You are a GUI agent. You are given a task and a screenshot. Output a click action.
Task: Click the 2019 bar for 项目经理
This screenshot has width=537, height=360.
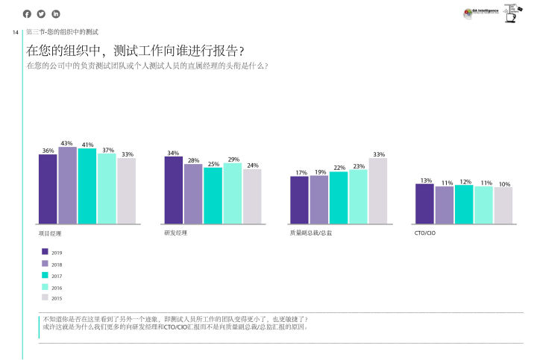click(x=48, y=189)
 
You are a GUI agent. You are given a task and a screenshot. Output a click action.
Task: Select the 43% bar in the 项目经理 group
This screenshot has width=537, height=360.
click(x=67, y=185)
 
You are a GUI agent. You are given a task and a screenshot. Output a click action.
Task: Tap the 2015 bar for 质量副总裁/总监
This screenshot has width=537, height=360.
click(x=378, y=190)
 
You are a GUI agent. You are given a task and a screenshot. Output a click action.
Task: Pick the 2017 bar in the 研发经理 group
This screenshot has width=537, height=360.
click(x=213, y=195)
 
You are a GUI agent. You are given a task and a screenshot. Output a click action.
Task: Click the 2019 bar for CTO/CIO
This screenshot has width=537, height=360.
click(x=424, y=203)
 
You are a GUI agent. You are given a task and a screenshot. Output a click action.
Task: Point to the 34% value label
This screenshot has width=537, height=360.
click(x=173, y=153)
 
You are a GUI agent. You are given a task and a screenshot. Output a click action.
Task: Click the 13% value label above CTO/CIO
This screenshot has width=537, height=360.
click(x=426, y=180)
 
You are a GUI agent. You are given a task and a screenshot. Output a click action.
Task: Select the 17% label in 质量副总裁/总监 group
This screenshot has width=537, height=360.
click(x=301, y=173)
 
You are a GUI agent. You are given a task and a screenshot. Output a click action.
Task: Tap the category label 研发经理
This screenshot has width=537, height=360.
click(x=176, y=233)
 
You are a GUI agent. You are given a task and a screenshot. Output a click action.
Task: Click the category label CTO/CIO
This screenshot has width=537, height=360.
click(x=424, y=233)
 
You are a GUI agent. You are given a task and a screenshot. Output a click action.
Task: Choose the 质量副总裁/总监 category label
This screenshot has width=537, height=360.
click(x=311, y=233)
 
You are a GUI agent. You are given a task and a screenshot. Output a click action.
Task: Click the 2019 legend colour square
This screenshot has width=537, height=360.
click(x=45, y=252)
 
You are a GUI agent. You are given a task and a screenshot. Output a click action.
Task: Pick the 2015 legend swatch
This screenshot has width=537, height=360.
click(x=45, y=297)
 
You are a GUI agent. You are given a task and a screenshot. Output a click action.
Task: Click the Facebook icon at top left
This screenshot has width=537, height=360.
click(x=28, y=14)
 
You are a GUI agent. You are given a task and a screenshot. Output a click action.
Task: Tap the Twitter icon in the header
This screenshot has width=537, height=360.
click(x=41, y=14)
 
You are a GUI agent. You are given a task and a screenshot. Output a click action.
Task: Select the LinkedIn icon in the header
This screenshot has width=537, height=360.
click(x=55, y=14)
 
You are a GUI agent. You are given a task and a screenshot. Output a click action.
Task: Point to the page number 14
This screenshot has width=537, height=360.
click(x=16, y=32)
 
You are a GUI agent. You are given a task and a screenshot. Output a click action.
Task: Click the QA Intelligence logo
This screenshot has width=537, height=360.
click(x=481, y=12)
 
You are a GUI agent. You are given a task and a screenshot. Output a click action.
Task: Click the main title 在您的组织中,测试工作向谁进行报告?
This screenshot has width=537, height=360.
click(x=135, y=51)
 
